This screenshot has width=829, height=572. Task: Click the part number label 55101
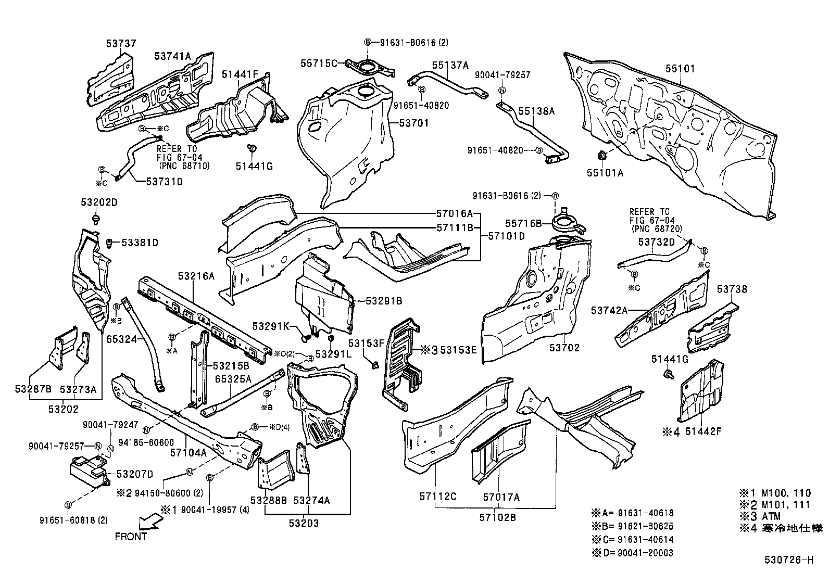point(680,69)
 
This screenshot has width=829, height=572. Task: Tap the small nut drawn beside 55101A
point(600,155)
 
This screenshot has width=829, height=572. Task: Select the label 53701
point(414,123)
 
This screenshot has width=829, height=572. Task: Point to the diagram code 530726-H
point(788,560)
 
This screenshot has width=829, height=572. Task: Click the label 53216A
point(196,276)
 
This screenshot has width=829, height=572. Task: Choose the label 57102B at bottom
point(497,517)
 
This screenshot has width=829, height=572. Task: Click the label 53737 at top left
point(121,44)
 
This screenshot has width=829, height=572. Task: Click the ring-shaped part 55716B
point(566,223)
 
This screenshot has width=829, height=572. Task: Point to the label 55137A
point(450,65)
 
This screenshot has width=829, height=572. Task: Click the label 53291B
point(384,301)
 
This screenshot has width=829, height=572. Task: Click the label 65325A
point(233,379)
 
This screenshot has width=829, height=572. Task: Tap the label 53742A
point(609,310)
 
